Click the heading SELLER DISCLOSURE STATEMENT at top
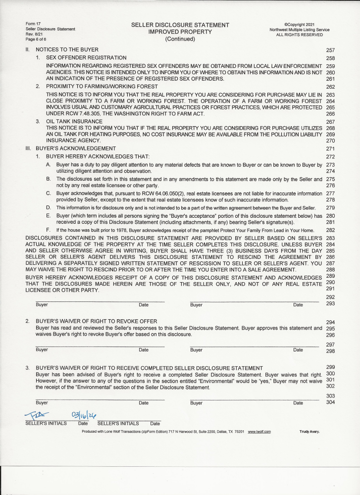click(180, 25)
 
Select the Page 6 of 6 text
click(36, 39)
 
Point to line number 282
click(331, 230)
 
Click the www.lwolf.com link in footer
click(259, 432)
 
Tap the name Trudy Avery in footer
click(309, 432)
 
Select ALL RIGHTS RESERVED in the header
click(300, 35)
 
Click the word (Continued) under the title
click(180, 39)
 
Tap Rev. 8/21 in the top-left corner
click(34, 34)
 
